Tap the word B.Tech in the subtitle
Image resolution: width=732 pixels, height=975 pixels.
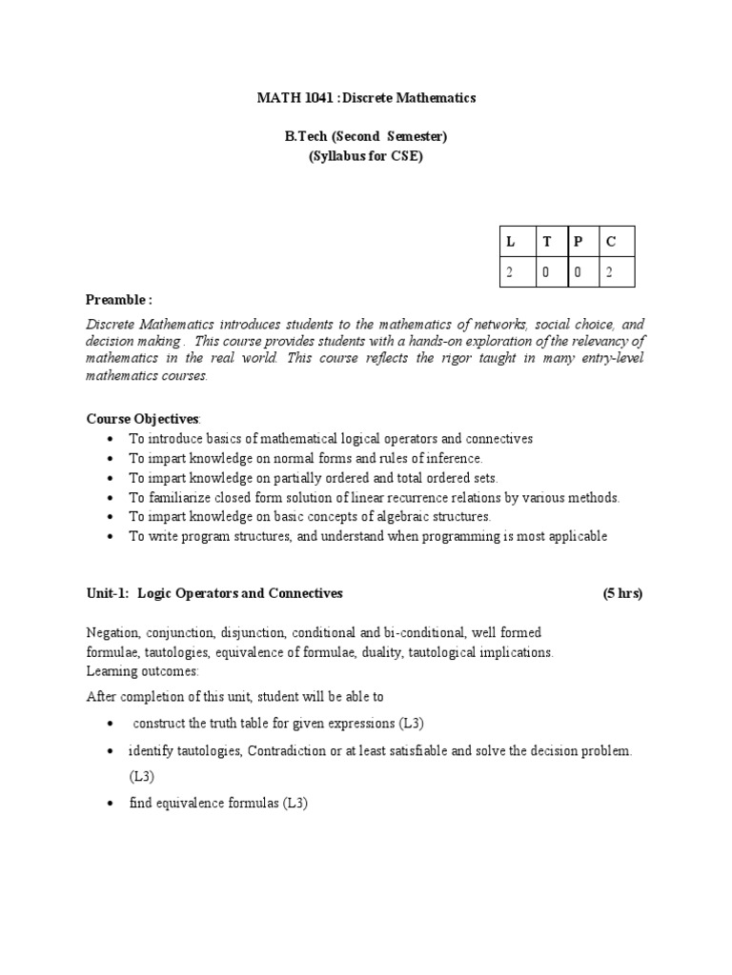click(305, 137)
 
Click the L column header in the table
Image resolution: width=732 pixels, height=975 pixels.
click(511, 242)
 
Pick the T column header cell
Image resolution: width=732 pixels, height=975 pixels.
click(547, 242)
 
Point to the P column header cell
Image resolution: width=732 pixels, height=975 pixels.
click(578, 242)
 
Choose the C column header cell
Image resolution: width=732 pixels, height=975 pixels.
click(611, 242)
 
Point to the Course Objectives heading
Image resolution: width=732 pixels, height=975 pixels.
click(142, 418)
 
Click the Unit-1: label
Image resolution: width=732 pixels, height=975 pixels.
click(107, 593)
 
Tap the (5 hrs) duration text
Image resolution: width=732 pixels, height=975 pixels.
click(622, 593)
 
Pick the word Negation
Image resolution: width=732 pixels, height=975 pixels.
click(112, 632)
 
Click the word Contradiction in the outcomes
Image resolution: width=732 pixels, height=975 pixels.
click(286, 750)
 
